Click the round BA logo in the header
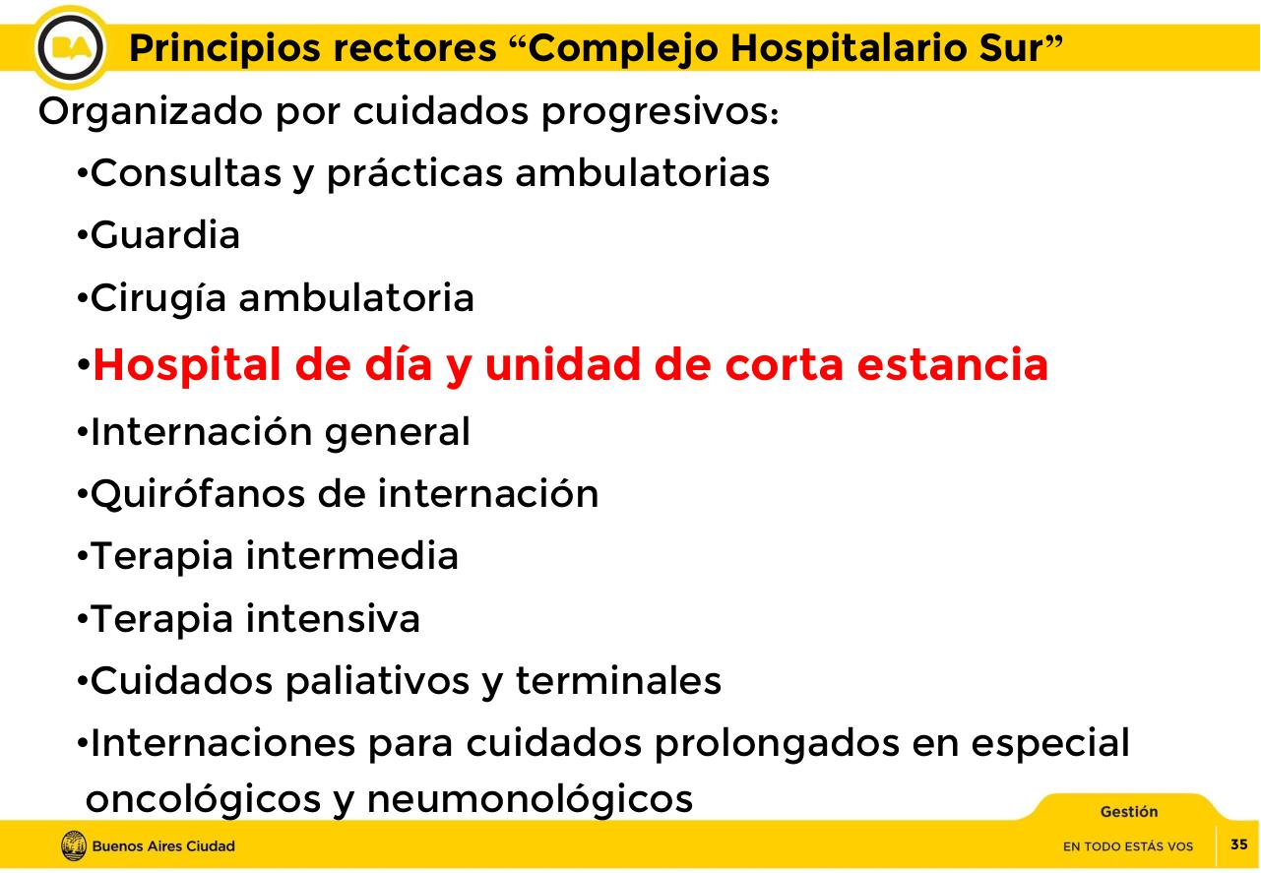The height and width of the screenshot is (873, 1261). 71,46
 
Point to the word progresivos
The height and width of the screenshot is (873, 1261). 660,113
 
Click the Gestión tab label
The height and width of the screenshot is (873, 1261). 1128,812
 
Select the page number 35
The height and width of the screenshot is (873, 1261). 1238,844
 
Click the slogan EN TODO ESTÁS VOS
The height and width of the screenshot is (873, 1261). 1127,846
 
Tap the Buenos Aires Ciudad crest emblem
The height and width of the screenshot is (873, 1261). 73,845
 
